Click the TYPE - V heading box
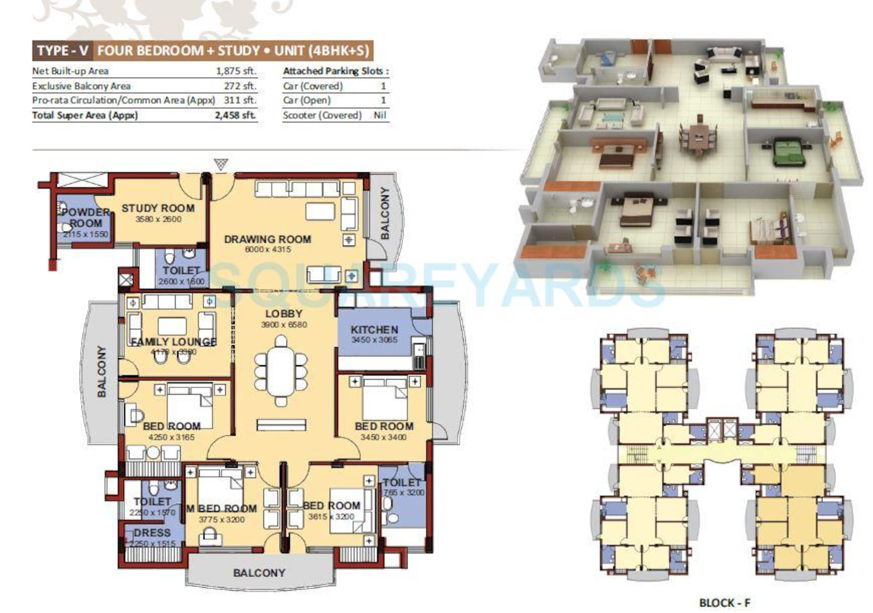point(63,51)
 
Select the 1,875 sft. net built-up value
point(236,71)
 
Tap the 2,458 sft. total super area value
point(235,115)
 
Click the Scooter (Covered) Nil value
point(379,115)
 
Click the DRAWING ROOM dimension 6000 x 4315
point(268,249)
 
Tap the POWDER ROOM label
point(86,217)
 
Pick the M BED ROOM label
point(222,509)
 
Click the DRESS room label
point(152,533)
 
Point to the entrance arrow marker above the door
point(221,164)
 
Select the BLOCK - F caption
point(724,603)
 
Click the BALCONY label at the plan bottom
point(259,573)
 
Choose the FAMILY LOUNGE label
point(173,342)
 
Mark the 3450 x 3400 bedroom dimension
point(383,437)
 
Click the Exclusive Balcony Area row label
point(81,86)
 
